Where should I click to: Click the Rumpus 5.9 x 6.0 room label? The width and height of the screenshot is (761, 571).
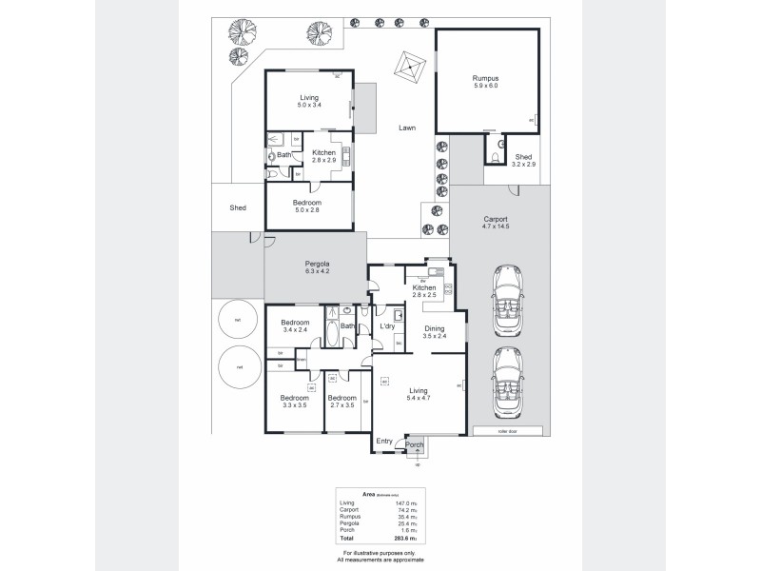pos(485,81)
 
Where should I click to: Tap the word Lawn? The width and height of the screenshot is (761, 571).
pos(407,128)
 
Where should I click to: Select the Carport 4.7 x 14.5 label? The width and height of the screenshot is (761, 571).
pos(497,225)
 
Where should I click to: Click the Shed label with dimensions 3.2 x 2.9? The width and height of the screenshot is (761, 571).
pos(524,161)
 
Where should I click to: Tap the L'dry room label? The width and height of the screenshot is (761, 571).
pos(387,327)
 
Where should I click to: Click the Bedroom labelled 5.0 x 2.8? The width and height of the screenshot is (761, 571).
pos(306,207)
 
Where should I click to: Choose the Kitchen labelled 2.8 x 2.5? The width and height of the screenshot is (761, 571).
pos(424,291)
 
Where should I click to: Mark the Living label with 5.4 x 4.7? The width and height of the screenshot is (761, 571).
pos(419,395)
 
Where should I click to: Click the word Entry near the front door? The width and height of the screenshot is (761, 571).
pos(384,441)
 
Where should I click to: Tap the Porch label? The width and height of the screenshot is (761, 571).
pos(414,444)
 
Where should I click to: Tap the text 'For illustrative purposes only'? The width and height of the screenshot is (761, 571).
pos(380,553)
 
